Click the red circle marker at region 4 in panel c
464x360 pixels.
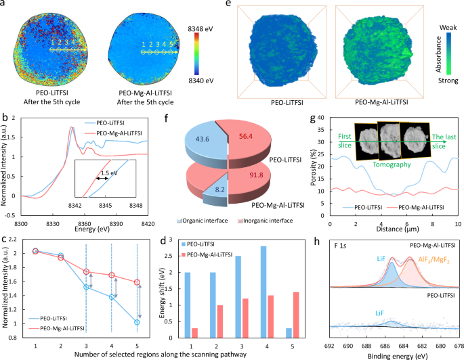pyautogui.click(x=111, y=275)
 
